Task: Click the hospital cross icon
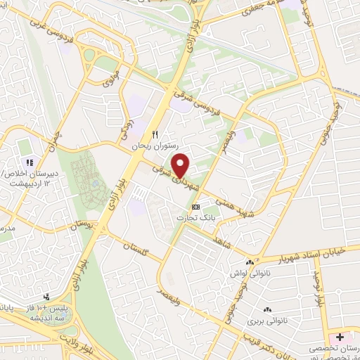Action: click(x=340, y=337)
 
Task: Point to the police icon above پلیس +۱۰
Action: click(x=46, y=297)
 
